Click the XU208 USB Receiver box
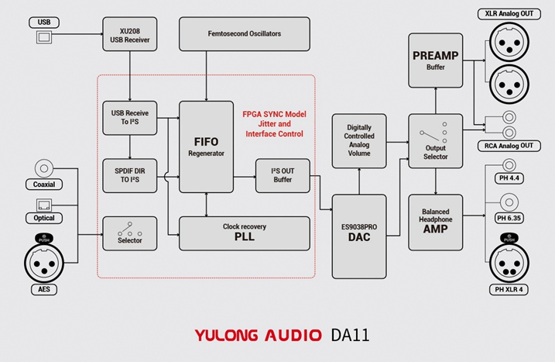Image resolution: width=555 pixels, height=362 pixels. click(129, 34)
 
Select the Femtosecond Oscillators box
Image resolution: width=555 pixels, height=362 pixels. click(244, 34)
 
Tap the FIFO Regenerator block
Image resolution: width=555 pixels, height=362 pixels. click(206, 146)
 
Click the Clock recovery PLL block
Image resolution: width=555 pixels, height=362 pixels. click(244, 233)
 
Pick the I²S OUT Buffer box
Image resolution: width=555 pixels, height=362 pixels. click(283, 175)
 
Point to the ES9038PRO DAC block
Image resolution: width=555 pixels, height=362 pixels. click(359, 236)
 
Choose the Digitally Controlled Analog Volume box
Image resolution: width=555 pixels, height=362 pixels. click(359, 140)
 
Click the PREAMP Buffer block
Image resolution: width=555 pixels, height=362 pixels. click(436, 60)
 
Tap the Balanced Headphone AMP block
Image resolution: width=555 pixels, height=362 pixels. click(436, 221)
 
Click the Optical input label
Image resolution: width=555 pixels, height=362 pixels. click(44, 218)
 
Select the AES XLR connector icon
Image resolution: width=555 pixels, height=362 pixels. click(44, 260)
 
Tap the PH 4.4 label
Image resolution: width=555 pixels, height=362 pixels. click(511, 180)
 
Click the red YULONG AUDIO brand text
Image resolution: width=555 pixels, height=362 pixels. click(257, 336)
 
